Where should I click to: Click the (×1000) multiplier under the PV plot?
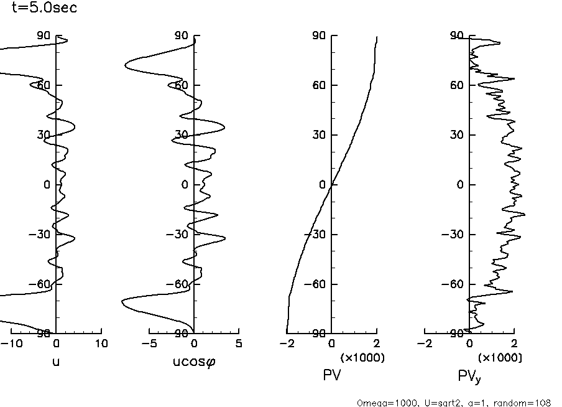pyautogui.click(x=362, y=358)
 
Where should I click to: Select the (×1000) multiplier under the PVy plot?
pyautogui.click(x=500, y=358)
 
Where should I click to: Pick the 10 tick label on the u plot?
pyautogui.click(x=101, y=344)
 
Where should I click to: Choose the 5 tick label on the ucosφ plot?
pyautogui.click(x=239, y=344)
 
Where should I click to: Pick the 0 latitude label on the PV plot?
pyautogui.click(x=322, y=185)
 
